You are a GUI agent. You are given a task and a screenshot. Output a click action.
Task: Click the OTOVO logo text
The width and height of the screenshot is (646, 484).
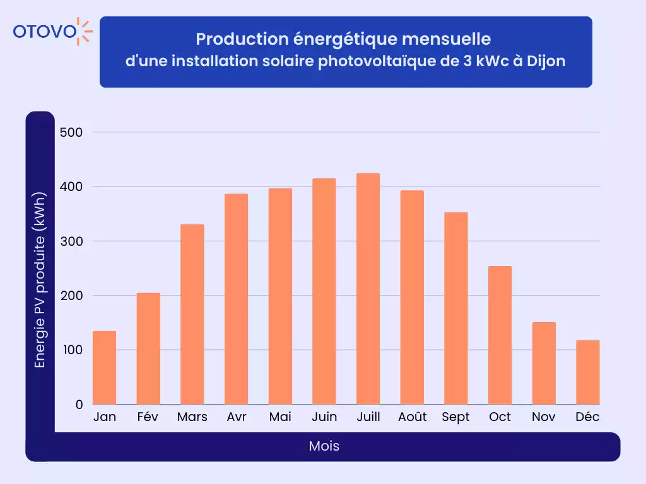(x=44, y=32)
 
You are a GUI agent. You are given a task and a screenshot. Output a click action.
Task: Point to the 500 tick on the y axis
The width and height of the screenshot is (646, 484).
(x=71, y=132)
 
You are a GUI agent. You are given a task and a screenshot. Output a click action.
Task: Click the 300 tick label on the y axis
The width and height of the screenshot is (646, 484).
(x=71, y=241)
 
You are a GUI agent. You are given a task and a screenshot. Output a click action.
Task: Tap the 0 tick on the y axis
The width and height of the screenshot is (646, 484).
(x=79, y=405)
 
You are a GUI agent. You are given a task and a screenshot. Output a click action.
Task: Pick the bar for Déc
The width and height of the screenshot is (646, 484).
(x=587, y=372)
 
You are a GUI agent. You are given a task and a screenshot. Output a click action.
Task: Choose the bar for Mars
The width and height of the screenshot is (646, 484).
(x=192, y=314)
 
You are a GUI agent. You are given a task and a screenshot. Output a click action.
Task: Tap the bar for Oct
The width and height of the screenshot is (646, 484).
(x=500, y=335)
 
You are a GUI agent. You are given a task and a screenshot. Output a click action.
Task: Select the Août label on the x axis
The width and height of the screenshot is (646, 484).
(x=412, y=417)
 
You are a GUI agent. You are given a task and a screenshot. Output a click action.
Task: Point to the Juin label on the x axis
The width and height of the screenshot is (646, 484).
(x=324, y=417)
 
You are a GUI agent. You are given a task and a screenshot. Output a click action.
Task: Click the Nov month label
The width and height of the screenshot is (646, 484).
(x=543, y=417)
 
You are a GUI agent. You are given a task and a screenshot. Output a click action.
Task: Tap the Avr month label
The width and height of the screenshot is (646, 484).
(x=236, y=417)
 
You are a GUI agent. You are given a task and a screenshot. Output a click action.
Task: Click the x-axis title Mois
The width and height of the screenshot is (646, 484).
(x=324, y=446)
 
